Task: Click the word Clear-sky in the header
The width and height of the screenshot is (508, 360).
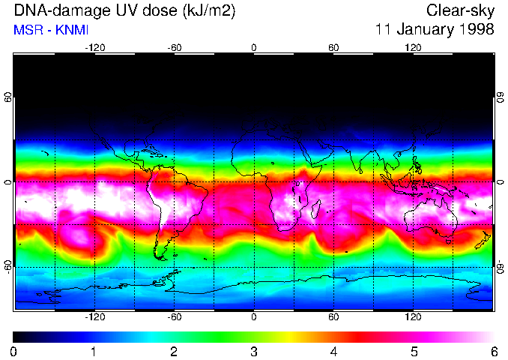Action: tap(461, 10)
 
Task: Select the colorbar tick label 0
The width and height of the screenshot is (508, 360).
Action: tap(14, 351)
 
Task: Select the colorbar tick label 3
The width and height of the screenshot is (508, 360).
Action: tap(253, 351)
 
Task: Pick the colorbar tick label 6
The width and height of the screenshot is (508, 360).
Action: tap(493, 351)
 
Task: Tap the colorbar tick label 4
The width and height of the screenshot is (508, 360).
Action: tap(333, 351)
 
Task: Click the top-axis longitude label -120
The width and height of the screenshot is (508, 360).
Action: tap(94, 48)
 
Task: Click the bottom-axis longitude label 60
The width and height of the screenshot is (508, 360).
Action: tap(333, 316)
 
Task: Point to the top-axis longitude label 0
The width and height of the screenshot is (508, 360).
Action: tap(254, 48)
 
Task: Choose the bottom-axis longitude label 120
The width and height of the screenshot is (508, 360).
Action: tap(413, 316)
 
